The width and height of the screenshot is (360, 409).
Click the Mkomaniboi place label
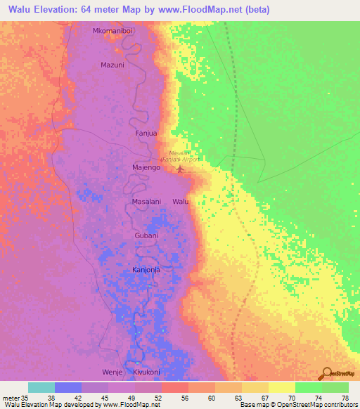click(x=112, y=32)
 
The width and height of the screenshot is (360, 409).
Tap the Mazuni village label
click(x=112, y=65)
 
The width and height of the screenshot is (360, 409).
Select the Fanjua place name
click(x=146, y=132)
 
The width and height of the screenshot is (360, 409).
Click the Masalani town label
click(x=147, y=202)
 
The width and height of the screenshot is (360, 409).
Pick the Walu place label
click(x=181, y=202)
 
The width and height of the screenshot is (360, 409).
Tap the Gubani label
click(x=147, y=235)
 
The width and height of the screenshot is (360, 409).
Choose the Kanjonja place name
click(x=147, y=269)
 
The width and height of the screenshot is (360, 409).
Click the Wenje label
click(x=112, y=371)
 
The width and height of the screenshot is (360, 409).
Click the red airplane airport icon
click(x=180, y=167)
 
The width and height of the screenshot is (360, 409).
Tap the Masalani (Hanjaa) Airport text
click(x=184, y=156)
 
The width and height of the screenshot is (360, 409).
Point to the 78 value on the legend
click(x=345, y=398)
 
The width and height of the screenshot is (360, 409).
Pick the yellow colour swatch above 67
click(x=255, y=387)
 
